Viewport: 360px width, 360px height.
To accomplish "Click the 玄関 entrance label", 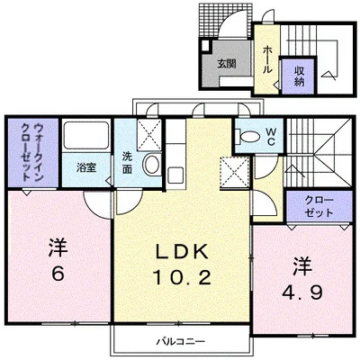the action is pos(227,64).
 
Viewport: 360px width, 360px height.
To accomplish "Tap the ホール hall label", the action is pos(267,60).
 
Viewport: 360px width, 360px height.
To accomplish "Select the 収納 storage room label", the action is pos(299,76).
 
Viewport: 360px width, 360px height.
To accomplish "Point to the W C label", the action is pos(271,137).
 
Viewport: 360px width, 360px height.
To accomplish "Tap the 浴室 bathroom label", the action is pos(86,168).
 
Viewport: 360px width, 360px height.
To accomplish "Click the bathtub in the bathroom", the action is pos(86,135).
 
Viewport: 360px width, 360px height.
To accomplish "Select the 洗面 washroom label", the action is pos(127,163).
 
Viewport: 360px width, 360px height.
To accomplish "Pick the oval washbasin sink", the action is pos(152,165).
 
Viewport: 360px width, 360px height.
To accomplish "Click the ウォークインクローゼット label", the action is pos(31,152).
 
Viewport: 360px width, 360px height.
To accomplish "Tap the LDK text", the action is pos(182,251).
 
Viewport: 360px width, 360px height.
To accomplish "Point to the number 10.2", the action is pos(183,277).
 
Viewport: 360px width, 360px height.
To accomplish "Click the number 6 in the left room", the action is pos(58,273).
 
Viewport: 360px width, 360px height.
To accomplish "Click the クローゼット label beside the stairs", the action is pos(319,207).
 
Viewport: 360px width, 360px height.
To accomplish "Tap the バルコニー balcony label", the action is pos(182,341).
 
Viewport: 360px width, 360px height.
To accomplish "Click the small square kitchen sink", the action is pos(175,175).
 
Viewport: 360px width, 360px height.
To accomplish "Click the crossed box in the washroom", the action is pos(149,135).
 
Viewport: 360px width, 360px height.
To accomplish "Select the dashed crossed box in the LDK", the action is pos(235,172).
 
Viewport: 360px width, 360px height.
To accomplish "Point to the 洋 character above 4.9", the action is pos(302,265).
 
